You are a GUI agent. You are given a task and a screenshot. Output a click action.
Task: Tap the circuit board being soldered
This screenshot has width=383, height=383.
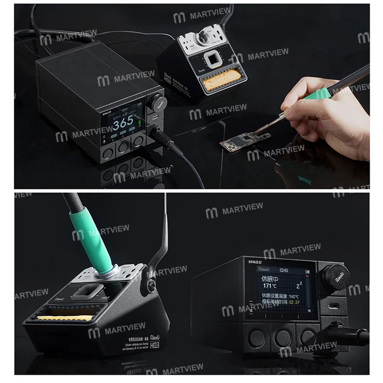click(x=245, y=140)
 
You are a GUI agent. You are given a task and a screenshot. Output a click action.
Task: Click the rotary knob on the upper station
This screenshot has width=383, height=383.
click(x=155, y=102)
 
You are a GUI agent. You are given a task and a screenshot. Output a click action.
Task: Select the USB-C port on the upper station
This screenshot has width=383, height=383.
click(x=155, y=118)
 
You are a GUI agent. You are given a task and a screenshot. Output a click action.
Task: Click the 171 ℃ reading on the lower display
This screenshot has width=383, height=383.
click(x=269, y=285)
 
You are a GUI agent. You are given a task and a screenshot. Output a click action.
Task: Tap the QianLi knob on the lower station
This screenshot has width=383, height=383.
click(x=335, y=275)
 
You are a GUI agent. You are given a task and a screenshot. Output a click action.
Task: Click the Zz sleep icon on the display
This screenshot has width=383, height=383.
click(x=300, y=285)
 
